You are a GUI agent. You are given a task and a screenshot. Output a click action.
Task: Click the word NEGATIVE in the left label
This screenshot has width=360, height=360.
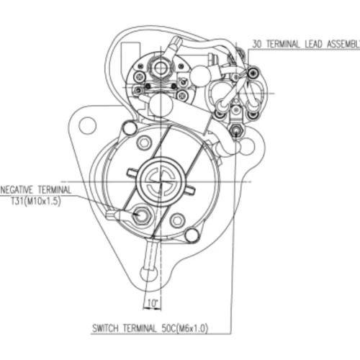pos(17,190)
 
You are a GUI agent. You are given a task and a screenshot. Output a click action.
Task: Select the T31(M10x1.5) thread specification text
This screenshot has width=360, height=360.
pos(35,201)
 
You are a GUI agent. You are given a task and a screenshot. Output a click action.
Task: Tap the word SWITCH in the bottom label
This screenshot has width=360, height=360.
pos(105,328)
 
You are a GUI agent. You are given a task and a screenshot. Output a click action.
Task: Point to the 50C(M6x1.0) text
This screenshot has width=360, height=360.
pos(184,328)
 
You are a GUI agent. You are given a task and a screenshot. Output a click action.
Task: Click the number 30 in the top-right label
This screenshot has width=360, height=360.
pos(256,44)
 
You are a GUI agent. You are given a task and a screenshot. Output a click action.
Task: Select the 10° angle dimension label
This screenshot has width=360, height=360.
pos(153,303)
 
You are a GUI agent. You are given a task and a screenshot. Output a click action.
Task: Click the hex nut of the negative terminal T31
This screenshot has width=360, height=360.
pos(141,215)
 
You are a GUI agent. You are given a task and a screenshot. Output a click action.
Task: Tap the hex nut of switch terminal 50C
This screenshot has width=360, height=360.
pos(236,130)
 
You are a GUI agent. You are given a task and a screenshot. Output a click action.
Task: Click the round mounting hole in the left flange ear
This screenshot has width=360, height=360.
pos(88,125)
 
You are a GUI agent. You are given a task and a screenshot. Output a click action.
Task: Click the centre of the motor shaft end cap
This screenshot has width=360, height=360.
pos(161,181)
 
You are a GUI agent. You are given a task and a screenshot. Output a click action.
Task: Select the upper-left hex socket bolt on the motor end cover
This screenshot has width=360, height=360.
pos(144,143)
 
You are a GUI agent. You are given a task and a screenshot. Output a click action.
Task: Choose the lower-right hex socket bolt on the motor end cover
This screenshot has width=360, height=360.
pos(177,220)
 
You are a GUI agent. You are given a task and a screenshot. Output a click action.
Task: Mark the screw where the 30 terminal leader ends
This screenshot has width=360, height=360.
pos(253,73)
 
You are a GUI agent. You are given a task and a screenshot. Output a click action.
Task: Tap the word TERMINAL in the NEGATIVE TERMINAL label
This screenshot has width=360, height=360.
pos(54,190)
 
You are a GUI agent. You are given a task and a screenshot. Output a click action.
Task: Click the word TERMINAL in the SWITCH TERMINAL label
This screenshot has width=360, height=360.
pos(140,328)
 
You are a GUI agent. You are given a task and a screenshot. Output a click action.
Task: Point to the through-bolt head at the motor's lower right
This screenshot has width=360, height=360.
pos(192,235)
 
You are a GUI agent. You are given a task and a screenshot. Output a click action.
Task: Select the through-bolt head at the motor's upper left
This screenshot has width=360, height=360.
pos(130,128)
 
